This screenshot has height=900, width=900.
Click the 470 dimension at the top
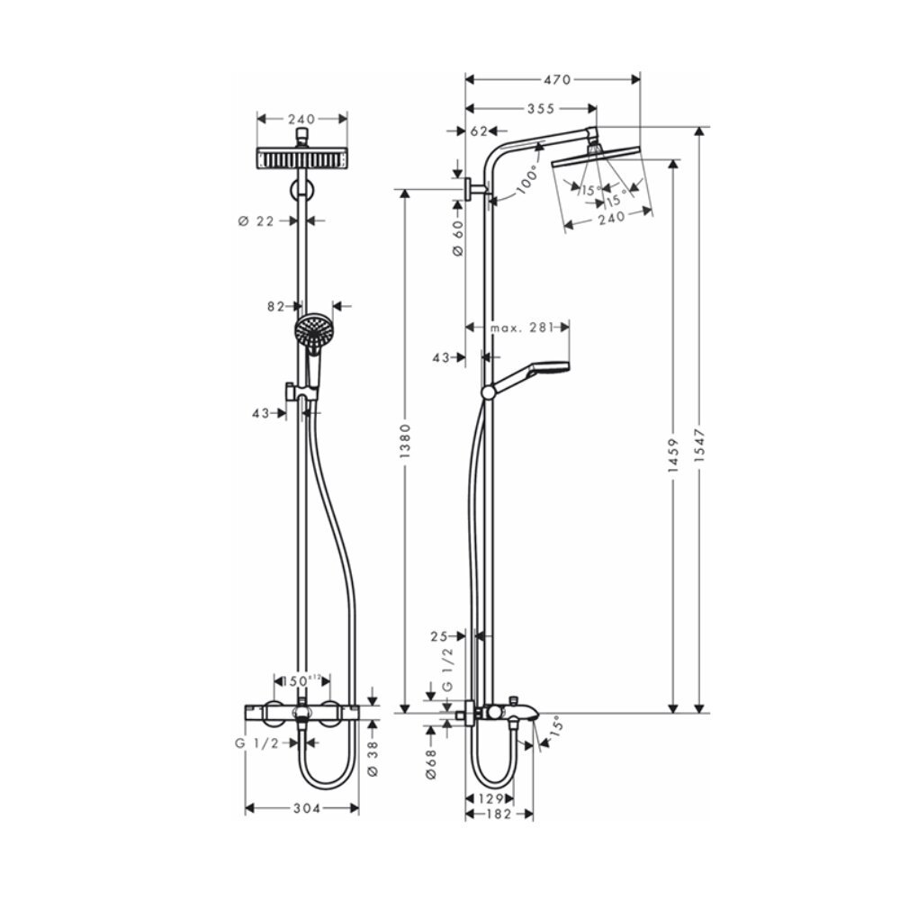tap(556, 80)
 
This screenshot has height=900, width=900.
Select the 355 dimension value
tap(540, 109)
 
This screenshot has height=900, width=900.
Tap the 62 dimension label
tap(479, 131)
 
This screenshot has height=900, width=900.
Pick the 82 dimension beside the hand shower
tap(275, 306)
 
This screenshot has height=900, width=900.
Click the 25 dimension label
tap(440, 636)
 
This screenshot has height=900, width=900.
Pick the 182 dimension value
tap(498, 814)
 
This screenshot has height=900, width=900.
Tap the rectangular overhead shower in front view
tap(302, 158)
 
